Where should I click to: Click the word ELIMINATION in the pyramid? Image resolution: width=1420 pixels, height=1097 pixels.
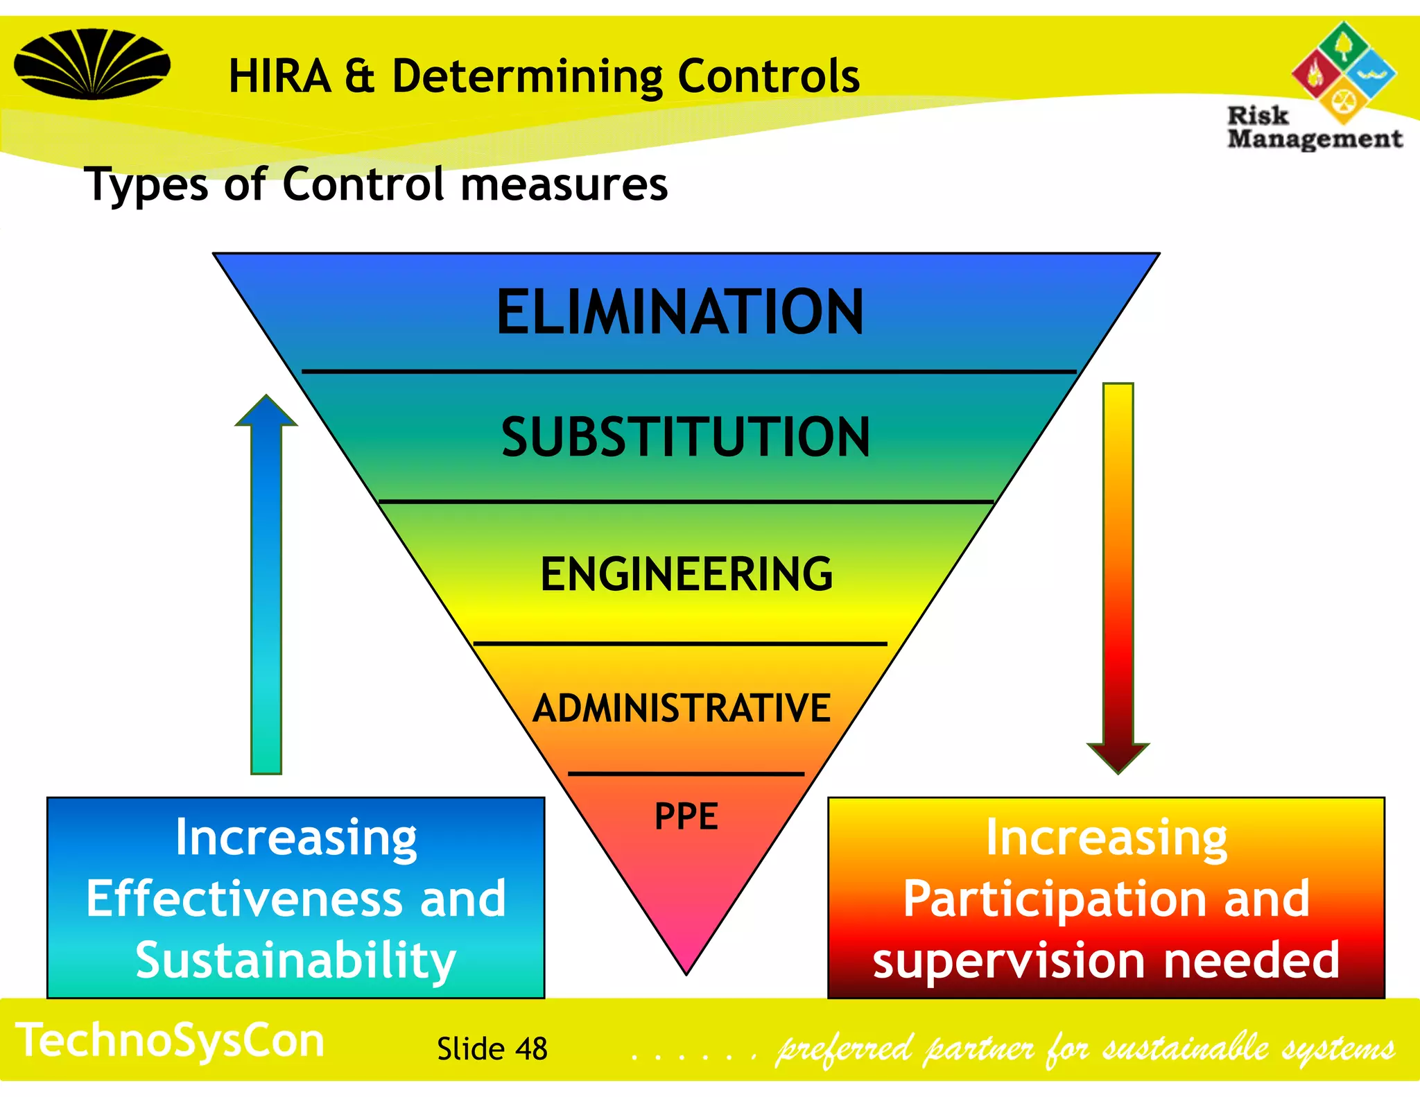(680, 313)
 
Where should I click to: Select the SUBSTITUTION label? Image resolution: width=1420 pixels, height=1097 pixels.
(685, 437)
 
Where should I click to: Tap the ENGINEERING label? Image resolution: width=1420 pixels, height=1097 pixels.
(686, 574)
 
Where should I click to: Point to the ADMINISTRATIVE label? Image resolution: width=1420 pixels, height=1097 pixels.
(682, 708)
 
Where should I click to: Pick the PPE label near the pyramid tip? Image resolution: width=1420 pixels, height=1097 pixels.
(686, 816)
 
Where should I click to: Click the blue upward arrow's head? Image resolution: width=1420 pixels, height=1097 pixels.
(266, 412)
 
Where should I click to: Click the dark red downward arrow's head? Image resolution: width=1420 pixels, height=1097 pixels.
(1118, 757)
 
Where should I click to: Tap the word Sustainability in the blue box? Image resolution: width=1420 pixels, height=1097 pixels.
(296, 960)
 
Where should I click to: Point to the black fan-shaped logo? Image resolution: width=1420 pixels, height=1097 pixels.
(92, 64)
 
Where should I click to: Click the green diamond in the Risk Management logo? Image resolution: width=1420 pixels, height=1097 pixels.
(1343, 45)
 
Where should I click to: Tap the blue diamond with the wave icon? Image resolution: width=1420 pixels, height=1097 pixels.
(1371, 74)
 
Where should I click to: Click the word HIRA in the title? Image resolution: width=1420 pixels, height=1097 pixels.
(279, 76)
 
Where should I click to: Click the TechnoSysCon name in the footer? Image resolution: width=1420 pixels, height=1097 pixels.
(170, 1040)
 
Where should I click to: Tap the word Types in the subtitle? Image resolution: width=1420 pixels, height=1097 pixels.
(146, 185)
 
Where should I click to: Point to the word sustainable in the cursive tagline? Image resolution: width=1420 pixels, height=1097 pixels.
(1185, 1048)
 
